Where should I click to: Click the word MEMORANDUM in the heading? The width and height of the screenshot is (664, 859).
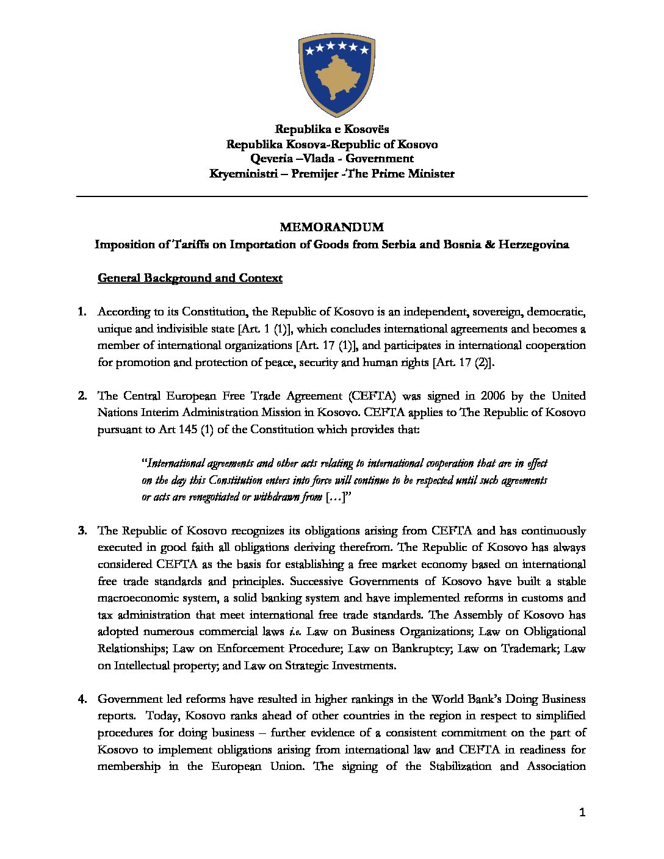pos(332,227)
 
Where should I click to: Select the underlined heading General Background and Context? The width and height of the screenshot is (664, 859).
pos(190,278)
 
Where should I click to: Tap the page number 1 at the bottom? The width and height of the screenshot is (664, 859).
pos(582,812)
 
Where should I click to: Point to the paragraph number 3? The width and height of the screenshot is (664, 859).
pos(82,531)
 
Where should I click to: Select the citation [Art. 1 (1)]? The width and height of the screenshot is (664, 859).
pos(264,329)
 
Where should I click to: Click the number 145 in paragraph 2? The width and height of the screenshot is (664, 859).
pos(186,429)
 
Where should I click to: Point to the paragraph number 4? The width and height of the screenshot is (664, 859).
pos(82,699)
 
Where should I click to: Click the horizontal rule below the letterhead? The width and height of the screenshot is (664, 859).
pos(332,196)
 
